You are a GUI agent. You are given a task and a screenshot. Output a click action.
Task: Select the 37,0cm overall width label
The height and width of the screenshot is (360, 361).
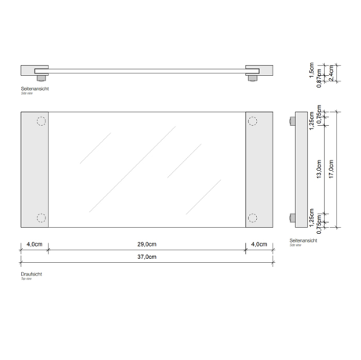point(146,257)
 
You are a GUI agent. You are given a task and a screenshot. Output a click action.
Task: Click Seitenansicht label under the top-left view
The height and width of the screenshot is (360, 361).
point(35,89)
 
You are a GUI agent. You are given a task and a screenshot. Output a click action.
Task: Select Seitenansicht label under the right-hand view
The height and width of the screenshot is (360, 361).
point(303,239)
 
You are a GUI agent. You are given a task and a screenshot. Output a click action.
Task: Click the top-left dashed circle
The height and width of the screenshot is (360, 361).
point(42,121)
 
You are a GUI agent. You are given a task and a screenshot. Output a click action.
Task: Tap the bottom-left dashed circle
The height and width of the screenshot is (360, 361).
point(42,218)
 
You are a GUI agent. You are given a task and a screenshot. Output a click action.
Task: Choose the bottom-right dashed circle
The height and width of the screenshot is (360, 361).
point(252,218)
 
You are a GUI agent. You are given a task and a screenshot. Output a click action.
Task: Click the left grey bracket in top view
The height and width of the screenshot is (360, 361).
point(35,169)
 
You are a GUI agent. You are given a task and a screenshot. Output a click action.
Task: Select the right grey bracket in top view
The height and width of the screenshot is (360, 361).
point(259,169)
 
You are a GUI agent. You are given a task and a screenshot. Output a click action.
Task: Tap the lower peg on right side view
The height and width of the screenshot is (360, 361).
point(291,218)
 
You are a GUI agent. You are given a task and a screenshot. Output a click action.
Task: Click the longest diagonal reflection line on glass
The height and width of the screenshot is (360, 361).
point(131,168)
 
